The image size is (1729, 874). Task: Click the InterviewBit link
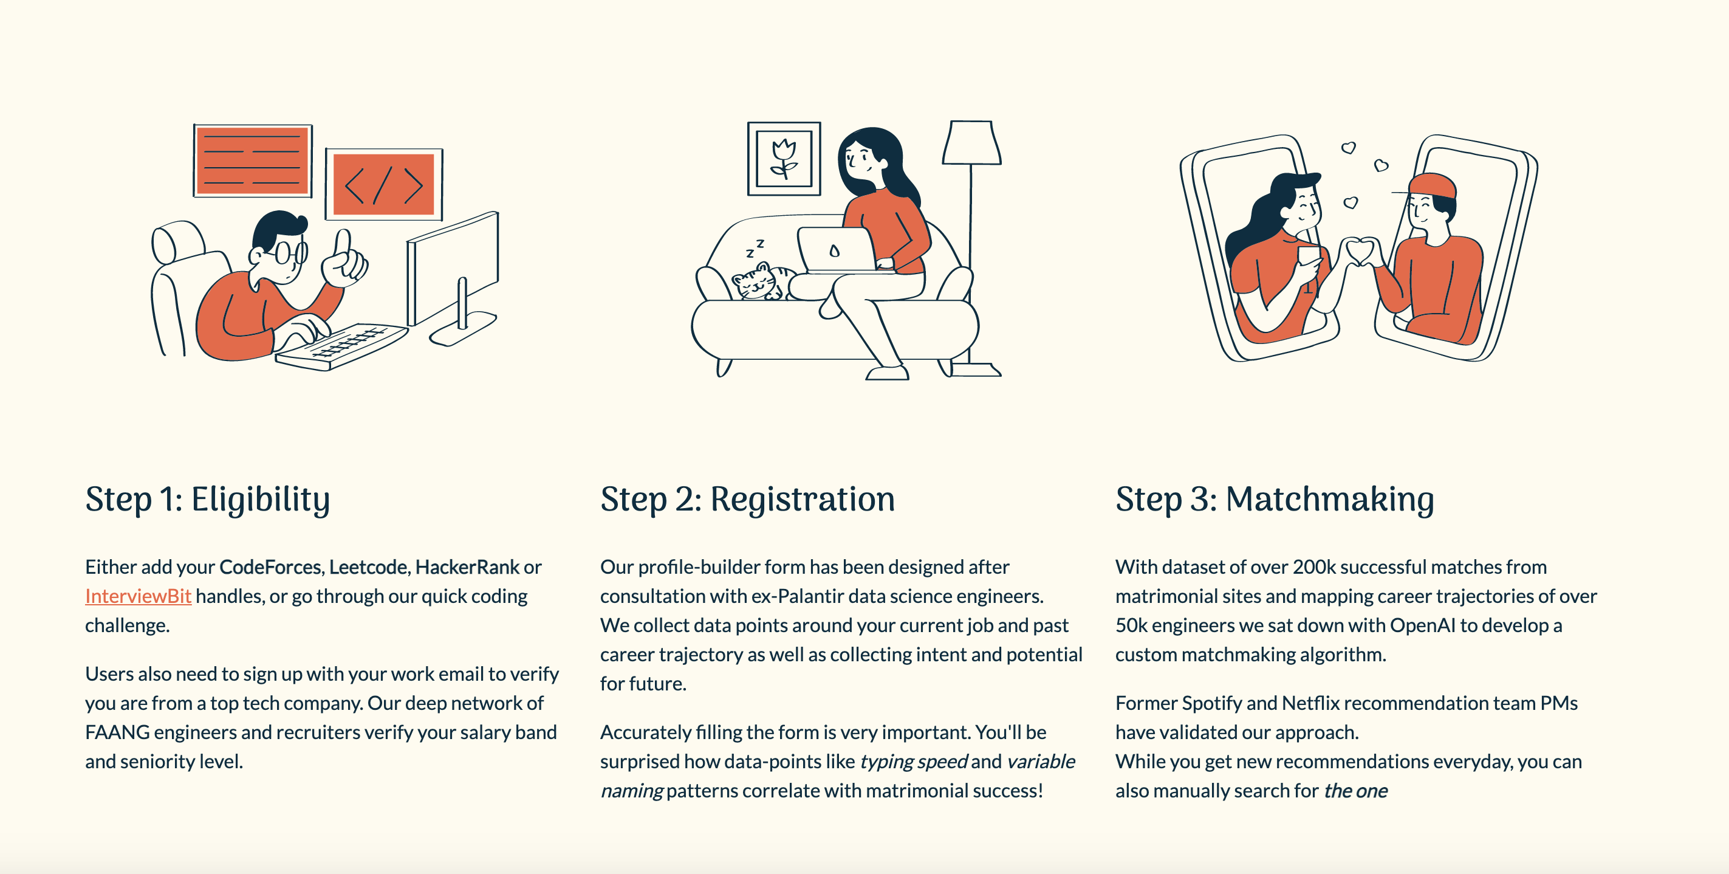click(139, 596)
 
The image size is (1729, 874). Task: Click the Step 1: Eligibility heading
click(207, 500)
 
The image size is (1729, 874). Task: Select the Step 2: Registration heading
click(748, 500)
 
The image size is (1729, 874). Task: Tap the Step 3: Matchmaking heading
click(1275, 500)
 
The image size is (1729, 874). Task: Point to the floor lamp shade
click(971, 143)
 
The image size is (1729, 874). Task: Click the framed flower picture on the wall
click(784, 159)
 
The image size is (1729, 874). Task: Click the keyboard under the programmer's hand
click(341, 346)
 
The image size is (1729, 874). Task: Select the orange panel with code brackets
click(384, 185)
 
